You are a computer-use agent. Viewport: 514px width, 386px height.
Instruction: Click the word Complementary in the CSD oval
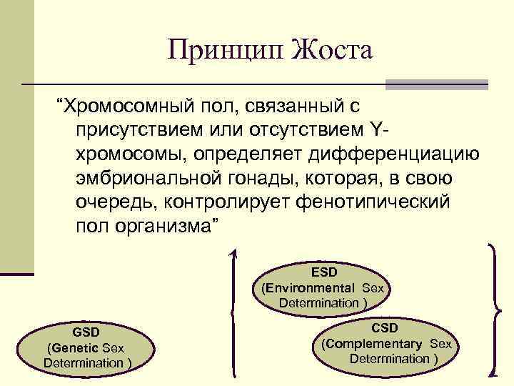[x=376, y=344]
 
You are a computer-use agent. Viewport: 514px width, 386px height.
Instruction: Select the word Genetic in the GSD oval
[x=76, y=349]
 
